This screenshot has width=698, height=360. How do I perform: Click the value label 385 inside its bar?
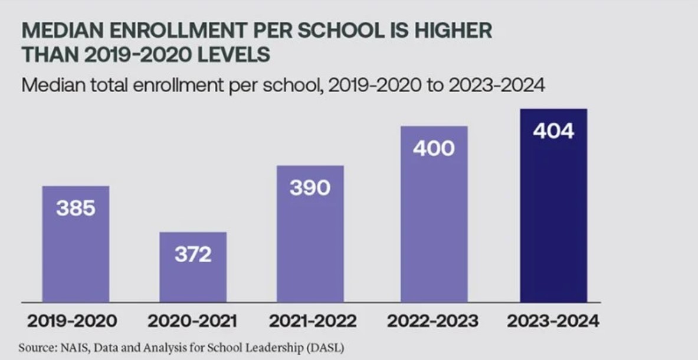(76, 208)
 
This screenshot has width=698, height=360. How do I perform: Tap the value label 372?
(193, 254)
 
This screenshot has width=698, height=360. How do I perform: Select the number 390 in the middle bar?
(310, 188)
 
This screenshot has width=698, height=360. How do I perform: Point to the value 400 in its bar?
(434, 148)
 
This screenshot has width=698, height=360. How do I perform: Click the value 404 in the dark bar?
(553, 131)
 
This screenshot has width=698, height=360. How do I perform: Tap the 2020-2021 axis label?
(192, 322)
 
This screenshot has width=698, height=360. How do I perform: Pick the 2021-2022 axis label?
(313, 322)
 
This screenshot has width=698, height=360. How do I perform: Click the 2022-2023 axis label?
(433, 322)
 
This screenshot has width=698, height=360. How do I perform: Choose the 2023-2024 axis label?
(553, 322)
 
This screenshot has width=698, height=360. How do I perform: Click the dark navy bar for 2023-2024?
(553, 224)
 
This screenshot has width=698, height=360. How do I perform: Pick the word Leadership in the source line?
(269, 346)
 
